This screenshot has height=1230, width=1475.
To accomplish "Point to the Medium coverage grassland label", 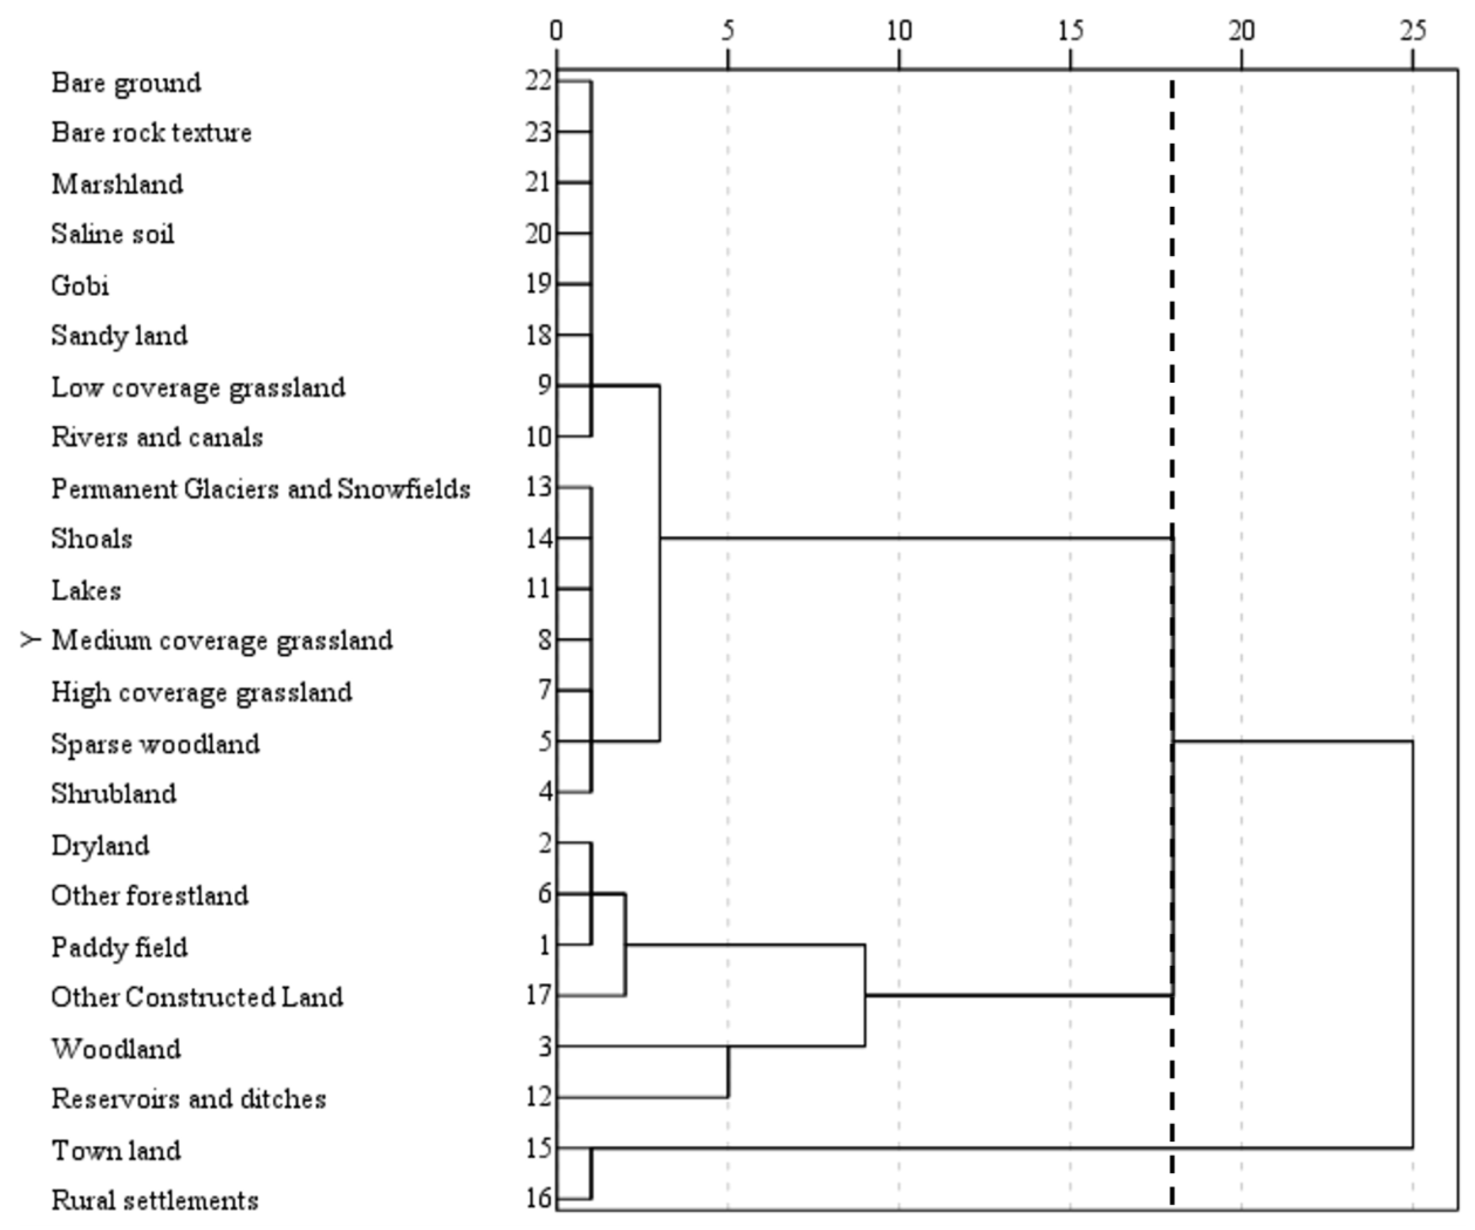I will click(222, 640).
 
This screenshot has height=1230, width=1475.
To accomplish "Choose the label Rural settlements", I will click(154, 1200).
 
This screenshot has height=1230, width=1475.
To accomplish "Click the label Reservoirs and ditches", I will click(188, 1098).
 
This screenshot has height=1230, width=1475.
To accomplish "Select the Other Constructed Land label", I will click(197, 997).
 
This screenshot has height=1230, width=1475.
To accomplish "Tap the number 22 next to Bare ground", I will click(539, 82).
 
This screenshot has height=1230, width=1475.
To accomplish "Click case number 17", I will click(539, 995).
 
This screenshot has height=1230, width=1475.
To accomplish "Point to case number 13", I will click(539, 487).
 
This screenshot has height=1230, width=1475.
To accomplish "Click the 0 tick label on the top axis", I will click(556, 31).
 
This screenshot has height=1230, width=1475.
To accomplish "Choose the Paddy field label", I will click(119, 947).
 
